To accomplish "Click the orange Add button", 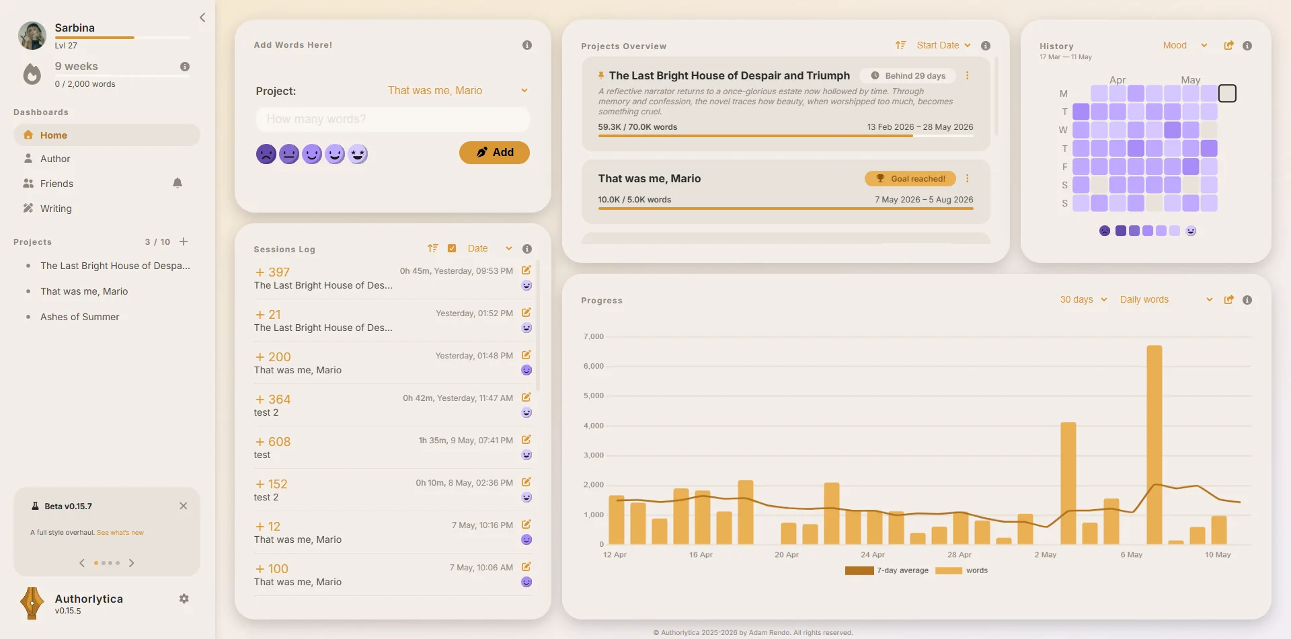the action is pos(494,153).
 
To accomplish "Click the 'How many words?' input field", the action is pos(393,119).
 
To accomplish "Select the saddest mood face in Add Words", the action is pos(266,154).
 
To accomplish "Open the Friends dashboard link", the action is pos(56,184).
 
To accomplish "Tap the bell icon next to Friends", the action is pos(178,183).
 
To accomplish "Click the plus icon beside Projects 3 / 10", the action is pos(184,241).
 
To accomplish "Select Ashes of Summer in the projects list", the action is pos(80,317).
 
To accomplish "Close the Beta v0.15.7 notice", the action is pos(184,506).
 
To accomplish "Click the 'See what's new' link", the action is pos(120,533).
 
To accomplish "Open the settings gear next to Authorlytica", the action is pos(184,599).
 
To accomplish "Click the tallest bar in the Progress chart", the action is pos(1155,445).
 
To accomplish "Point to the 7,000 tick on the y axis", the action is pos(594,336).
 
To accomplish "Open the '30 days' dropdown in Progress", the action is pos(1083,299).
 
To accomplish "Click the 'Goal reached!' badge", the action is pos(910,178).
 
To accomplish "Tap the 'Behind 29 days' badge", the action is pos(908,76).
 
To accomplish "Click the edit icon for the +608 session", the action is pos(526,440).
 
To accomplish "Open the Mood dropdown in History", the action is pos(1185,45).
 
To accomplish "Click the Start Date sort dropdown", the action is pos(943,45).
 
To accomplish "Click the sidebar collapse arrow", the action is pos(202,17).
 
